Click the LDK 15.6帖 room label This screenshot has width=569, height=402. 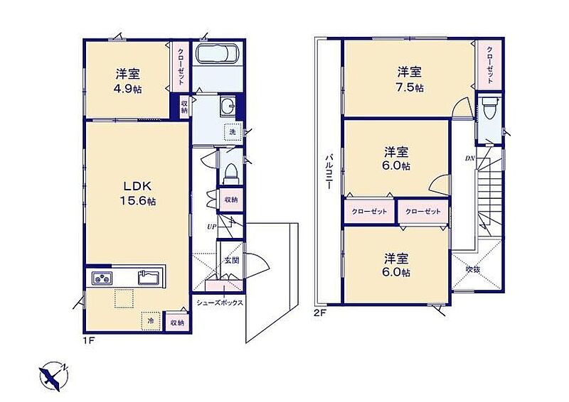[x=137, y=194]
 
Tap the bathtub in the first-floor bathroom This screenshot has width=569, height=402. [x=217, y=54]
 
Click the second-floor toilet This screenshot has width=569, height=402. [x=488, y=108]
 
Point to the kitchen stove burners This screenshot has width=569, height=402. [x=102, y=278]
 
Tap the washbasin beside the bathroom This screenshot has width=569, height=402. [x=228, y=106]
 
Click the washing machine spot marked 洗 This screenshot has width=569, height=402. [x=233, y=132]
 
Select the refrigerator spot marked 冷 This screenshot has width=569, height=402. [x=151, y=321]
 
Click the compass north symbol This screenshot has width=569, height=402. [x=54, y=376]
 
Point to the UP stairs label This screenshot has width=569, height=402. [x=211, y=227]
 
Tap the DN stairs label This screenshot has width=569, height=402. [x=470, y=158]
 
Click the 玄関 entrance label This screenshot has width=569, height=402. [x=232, y=260]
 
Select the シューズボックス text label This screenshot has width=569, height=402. [x=220, y=303]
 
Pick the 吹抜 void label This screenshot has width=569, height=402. [x=474, y=269]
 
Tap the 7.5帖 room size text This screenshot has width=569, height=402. [x=410, y=88]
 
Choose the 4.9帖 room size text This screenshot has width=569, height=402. [x=128, y=89]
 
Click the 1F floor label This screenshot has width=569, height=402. [x=90, y=341]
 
